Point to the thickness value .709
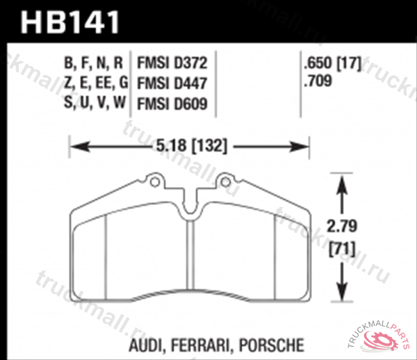click(316, 83)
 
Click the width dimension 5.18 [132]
click(190, 146)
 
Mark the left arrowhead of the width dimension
click(75, 146)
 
